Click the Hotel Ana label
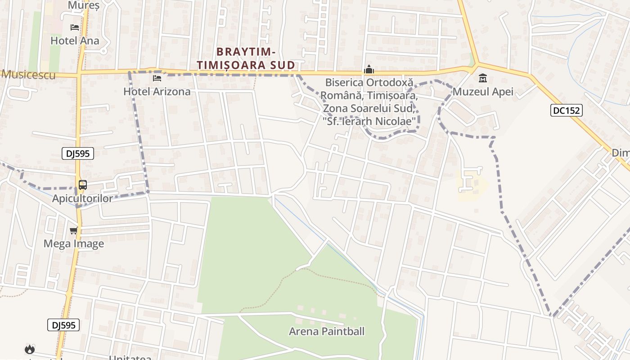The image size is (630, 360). point(75,40)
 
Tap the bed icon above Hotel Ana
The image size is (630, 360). point(75,27)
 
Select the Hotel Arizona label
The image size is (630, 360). point(157,91)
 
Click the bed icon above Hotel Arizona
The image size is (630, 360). point(157,78)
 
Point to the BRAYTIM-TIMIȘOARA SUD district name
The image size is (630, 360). point(246,58)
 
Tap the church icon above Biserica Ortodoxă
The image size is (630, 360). point(369,70)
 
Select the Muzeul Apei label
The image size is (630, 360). point(483,92)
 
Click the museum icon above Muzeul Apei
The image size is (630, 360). point(483,78)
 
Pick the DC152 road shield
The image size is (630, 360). point(566,110)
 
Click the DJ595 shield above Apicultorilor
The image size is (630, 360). point(77,153)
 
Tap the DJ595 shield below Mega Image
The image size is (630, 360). point(63,325)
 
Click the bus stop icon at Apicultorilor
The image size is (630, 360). point(83,184)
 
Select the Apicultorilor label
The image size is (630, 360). point(83,198)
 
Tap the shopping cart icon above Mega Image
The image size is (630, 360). point(74,230)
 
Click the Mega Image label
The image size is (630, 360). point(74,244)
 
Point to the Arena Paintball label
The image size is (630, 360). point(327,332)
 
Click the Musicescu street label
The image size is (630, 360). point(29,75)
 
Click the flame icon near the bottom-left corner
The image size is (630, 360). point(30,349)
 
